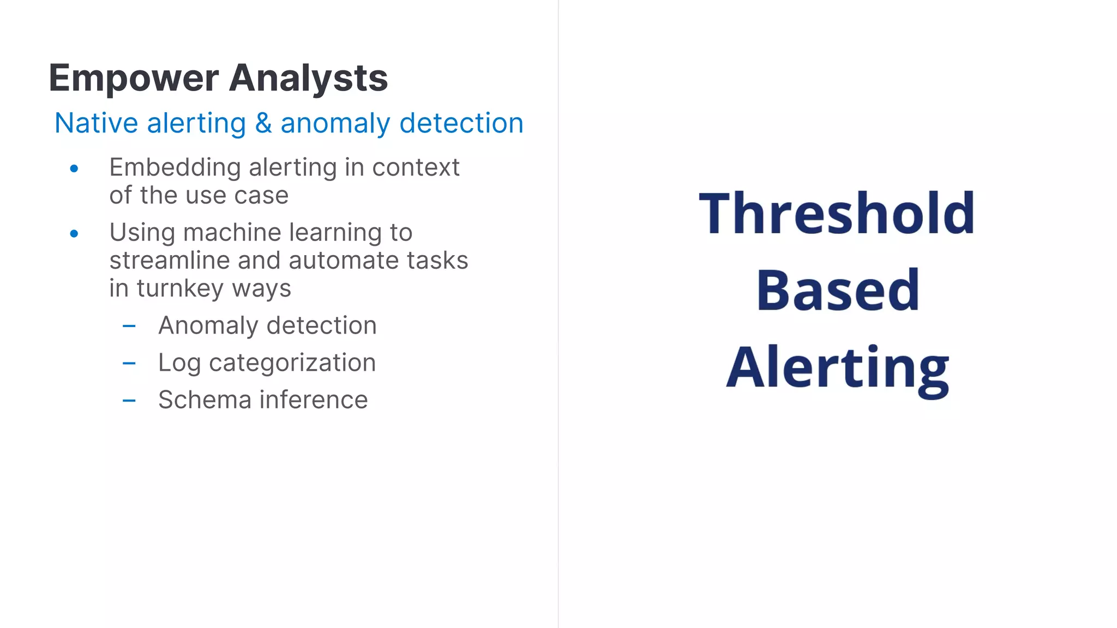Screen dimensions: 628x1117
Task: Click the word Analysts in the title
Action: (308, 78)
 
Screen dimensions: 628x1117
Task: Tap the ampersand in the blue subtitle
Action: (263, 123)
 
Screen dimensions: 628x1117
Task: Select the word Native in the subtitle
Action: (96, 123)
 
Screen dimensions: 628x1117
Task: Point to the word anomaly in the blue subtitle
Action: (335, 124)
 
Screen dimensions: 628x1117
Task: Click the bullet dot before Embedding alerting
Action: (74, 169)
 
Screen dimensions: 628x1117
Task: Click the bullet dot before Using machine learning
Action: (74, 234)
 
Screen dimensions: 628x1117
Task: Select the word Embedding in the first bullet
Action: (175, 167)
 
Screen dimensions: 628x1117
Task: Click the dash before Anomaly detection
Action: (129, 327)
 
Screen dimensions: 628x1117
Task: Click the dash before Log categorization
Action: (129, 364)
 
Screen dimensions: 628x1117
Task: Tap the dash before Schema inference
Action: (129, 401)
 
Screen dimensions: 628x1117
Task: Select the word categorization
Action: (292, 363)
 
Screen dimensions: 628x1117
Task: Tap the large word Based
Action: (838, 290)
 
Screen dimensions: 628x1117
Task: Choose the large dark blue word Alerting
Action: (838, 369)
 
